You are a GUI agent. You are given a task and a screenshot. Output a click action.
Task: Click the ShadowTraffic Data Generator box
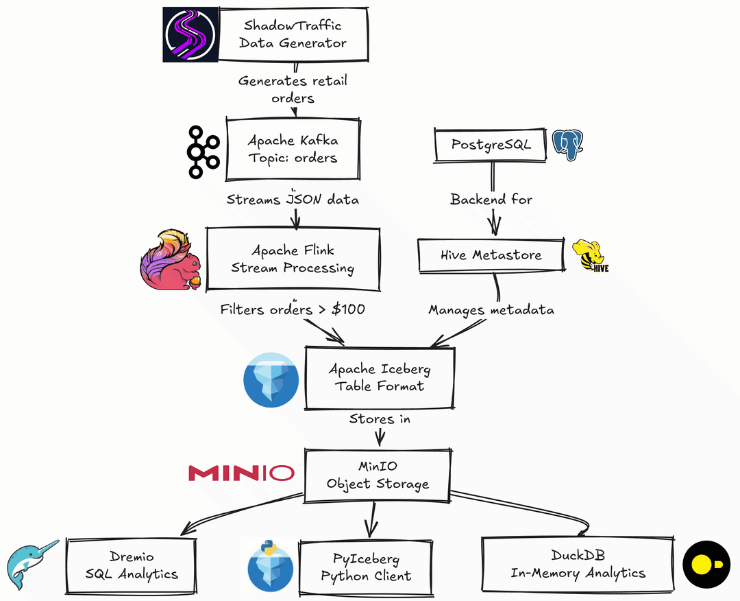click(x=295, y=34)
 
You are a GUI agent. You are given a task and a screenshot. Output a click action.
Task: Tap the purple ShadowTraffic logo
click(x=189, y=34)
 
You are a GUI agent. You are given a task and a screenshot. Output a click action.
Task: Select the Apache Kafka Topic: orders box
click(x=293, y=150)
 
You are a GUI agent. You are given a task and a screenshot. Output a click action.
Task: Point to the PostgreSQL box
click(x=491, y=145)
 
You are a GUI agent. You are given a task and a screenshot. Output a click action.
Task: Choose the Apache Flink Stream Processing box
click(x=293, y=259)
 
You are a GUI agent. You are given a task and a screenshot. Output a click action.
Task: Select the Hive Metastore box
click(x=491, y=255)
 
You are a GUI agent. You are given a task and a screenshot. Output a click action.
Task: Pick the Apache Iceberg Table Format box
click(x=379, y=377)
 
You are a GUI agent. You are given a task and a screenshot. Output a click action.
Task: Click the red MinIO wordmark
click(x=241, y=473)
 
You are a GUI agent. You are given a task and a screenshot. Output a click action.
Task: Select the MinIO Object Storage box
click(x=378, y=475)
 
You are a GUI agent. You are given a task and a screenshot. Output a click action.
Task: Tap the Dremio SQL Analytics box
click(x=132, y=565)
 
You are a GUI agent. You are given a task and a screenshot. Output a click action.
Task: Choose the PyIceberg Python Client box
click(x=366, y=567)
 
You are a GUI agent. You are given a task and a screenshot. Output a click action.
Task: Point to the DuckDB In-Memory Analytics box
click(x=578, y=564)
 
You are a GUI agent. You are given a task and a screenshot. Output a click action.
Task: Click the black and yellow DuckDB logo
click(x=706, y=565)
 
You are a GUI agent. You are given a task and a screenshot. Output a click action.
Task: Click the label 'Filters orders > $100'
click(x=293, y=309)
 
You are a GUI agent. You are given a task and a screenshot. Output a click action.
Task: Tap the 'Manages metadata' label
click(x=491, y=310)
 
